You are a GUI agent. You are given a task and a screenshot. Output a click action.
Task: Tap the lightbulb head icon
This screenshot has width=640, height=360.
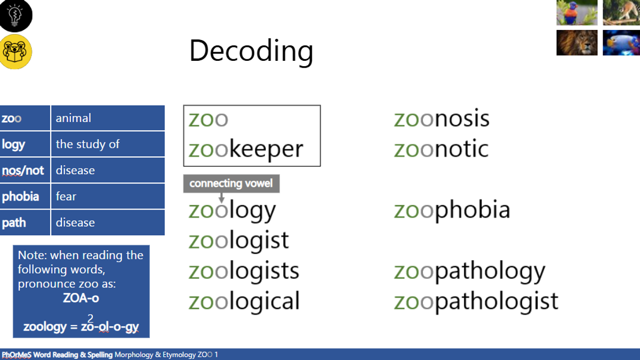(15, 15)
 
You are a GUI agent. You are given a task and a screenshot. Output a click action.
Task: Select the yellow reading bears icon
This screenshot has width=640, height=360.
(15, 52)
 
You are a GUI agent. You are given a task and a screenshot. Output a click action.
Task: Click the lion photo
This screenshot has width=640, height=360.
(577, 43)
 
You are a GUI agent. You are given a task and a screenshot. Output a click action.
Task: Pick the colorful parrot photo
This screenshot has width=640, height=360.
(577, 12)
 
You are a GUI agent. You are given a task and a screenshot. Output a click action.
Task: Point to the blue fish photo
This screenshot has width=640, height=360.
(621, 43)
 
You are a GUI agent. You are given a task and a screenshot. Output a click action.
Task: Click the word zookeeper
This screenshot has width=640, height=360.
(246, 149)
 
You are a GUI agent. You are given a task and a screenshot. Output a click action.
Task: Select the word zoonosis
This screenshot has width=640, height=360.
(442, 118)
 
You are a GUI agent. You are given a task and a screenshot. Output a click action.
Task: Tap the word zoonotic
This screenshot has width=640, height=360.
(442, 149)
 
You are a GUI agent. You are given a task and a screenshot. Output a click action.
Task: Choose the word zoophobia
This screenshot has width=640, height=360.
(452, 210)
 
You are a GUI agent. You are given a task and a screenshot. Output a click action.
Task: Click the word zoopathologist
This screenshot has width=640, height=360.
(476, 301)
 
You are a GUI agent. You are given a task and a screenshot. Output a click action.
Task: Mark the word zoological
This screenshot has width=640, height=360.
(244, 301)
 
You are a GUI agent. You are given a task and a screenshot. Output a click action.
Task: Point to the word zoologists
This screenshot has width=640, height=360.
(244, 270)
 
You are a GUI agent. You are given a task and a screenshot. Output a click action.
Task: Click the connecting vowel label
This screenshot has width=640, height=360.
(231, 183)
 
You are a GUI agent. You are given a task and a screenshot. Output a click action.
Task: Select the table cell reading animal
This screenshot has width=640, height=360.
(108, 118)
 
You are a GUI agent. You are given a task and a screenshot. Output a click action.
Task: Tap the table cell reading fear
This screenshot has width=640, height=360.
(108, 196)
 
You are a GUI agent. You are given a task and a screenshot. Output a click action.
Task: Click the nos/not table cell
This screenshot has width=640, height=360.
(25, 170)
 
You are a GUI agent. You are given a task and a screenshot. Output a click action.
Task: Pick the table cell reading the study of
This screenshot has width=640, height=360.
(108, 144)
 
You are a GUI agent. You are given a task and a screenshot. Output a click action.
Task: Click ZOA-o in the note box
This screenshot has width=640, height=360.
(81, 298)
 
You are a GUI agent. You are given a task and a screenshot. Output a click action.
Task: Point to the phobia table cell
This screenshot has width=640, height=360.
(25, 196)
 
